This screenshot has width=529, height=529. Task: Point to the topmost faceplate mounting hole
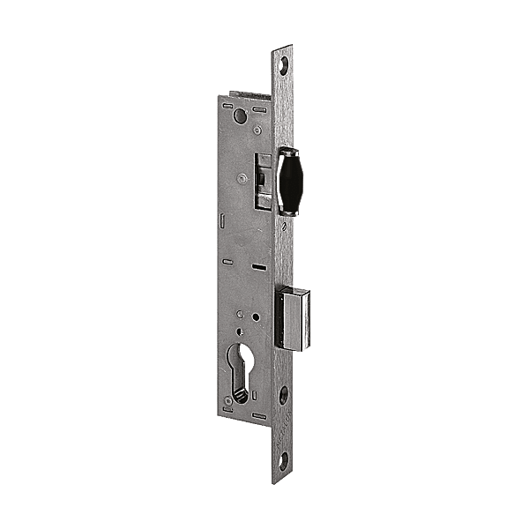tap(283, 64)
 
